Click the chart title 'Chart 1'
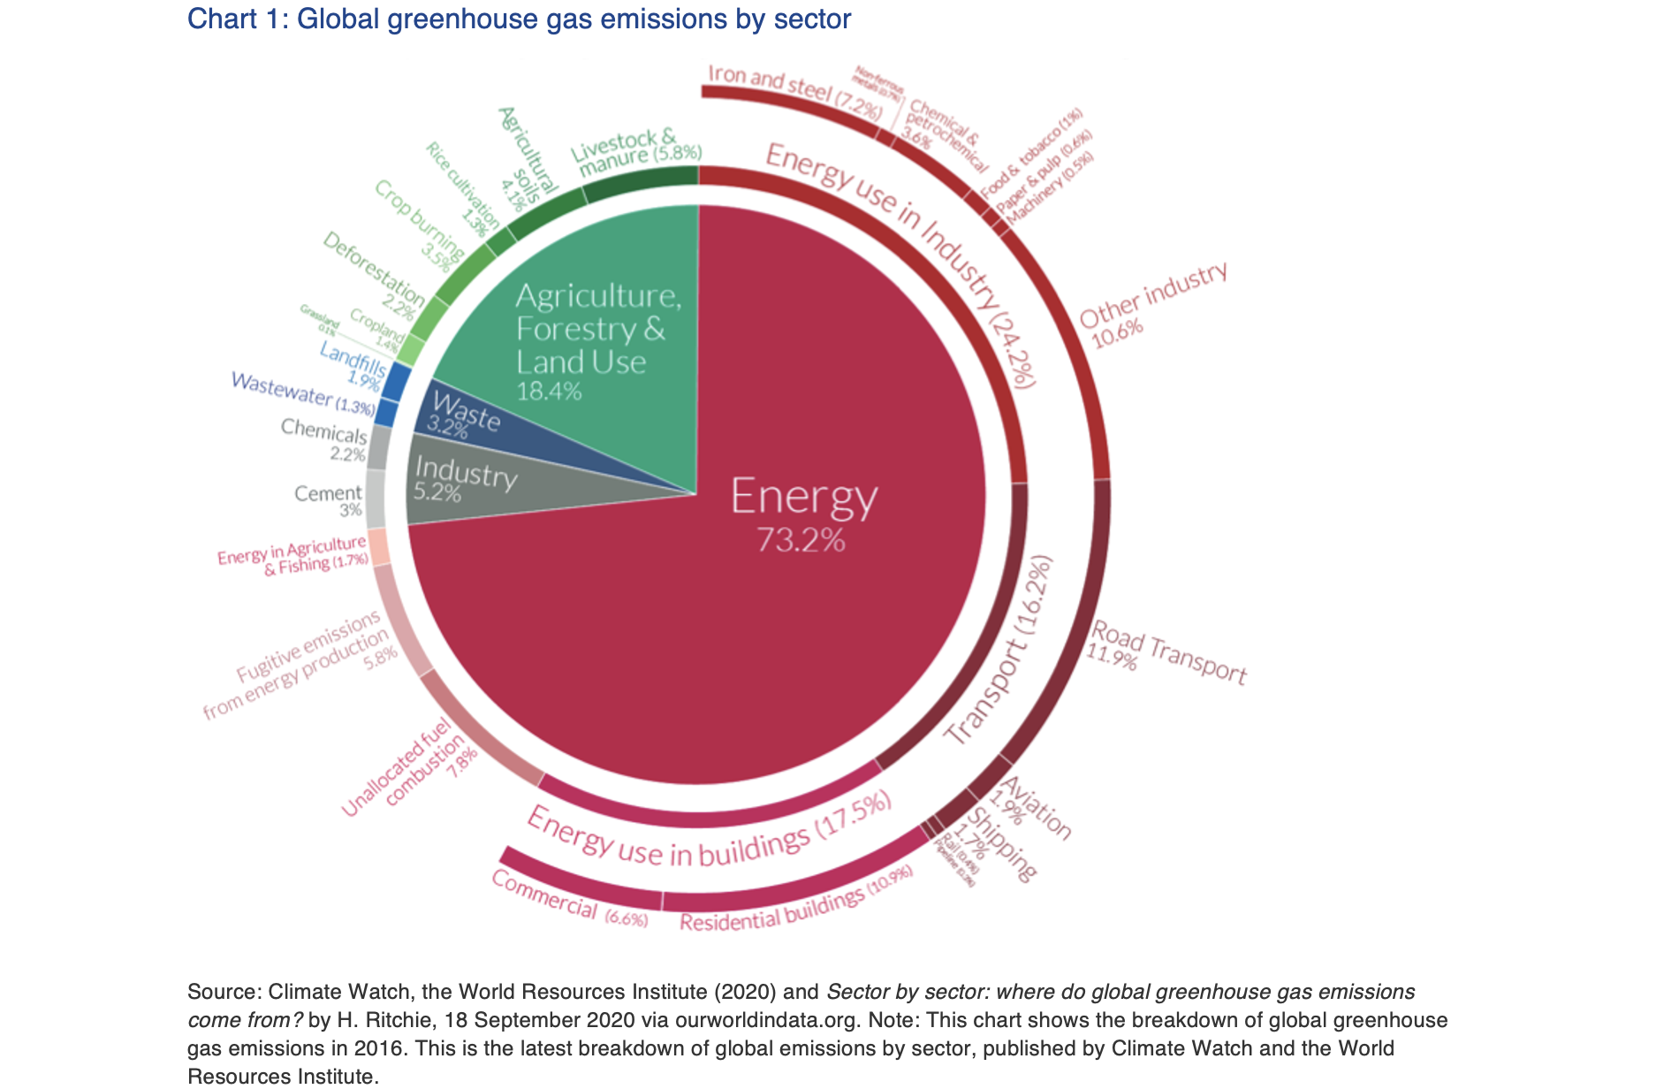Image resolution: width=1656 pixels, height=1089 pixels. point(519,19)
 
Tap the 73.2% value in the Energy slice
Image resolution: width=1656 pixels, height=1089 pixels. point(801,540)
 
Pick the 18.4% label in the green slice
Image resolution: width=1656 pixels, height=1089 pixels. point(549,391)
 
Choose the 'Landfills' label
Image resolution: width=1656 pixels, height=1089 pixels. point(353,357)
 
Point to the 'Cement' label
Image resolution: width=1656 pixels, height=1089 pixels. point(328,493)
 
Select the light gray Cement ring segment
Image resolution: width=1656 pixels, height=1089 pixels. point(375,499)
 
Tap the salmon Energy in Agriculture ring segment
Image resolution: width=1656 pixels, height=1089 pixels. point(379,547)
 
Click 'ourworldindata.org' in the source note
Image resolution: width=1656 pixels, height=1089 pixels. point(767,1019)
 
